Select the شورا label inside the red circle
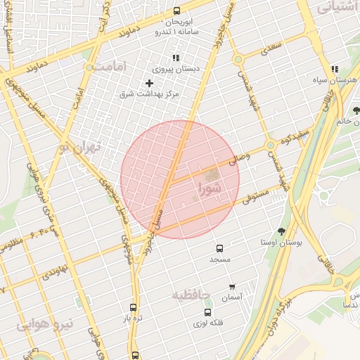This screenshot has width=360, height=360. click(210, 188)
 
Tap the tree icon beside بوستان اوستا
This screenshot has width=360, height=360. click(282, 231)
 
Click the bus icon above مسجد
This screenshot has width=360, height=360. click(220, 248)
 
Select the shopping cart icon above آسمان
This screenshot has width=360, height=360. click(232, 287)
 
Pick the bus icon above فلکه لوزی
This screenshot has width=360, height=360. click(207, 312)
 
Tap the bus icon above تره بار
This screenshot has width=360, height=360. click(134, 307)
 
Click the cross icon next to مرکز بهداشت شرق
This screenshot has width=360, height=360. click(149, 84)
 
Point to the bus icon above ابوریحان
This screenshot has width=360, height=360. click(176, 11)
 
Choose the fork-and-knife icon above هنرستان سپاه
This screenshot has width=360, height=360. click(335, 69)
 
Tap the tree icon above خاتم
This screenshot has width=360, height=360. click(356, 110)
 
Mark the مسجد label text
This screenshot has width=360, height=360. click(219, 260)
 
